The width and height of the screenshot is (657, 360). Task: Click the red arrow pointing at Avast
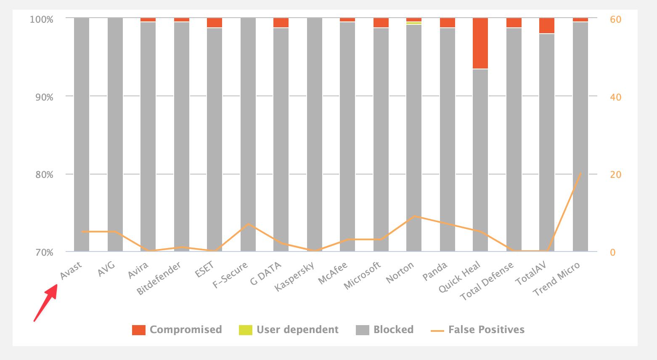click(45, 302)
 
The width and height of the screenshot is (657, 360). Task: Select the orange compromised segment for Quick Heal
click(480, 43)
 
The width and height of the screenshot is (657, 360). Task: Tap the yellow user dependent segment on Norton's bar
click(414, 23)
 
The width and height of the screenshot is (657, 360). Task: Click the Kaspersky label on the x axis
click(294, 276)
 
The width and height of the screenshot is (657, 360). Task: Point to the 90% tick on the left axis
click(44, 97)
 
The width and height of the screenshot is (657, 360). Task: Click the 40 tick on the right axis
click(615, 97)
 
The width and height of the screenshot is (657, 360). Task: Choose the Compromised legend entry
click(177, 330)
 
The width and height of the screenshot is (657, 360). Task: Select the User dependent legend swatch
click(246, 330)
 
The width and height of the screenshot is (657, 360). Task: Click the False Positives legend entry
click(477, 330)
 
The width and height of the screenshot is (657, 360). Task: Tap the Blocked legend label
click(393, 330)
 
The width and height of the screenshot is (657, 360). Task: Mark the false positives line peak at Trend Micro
click(580, 173)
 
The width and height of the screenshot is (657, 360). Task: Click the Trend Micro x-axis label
click(556, 278)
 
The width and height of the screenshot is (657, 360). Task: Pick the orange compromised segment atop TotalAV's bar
click(547, 26)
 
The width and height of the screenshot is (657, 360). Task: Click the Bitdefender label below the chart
click(159, 278)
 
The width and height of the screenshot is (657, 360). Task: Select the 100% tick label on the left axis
click(41, 19)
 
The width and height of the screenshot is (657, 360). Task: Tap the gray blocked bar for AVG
click(115, 135)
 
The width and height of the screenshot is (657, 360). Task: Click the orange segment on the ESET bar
click(215, 23)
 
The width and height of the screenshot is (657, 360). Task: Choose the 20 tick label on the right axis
click(615, 175)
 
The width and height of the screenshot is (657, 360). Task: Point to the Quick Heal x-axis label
click(459, 277)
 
